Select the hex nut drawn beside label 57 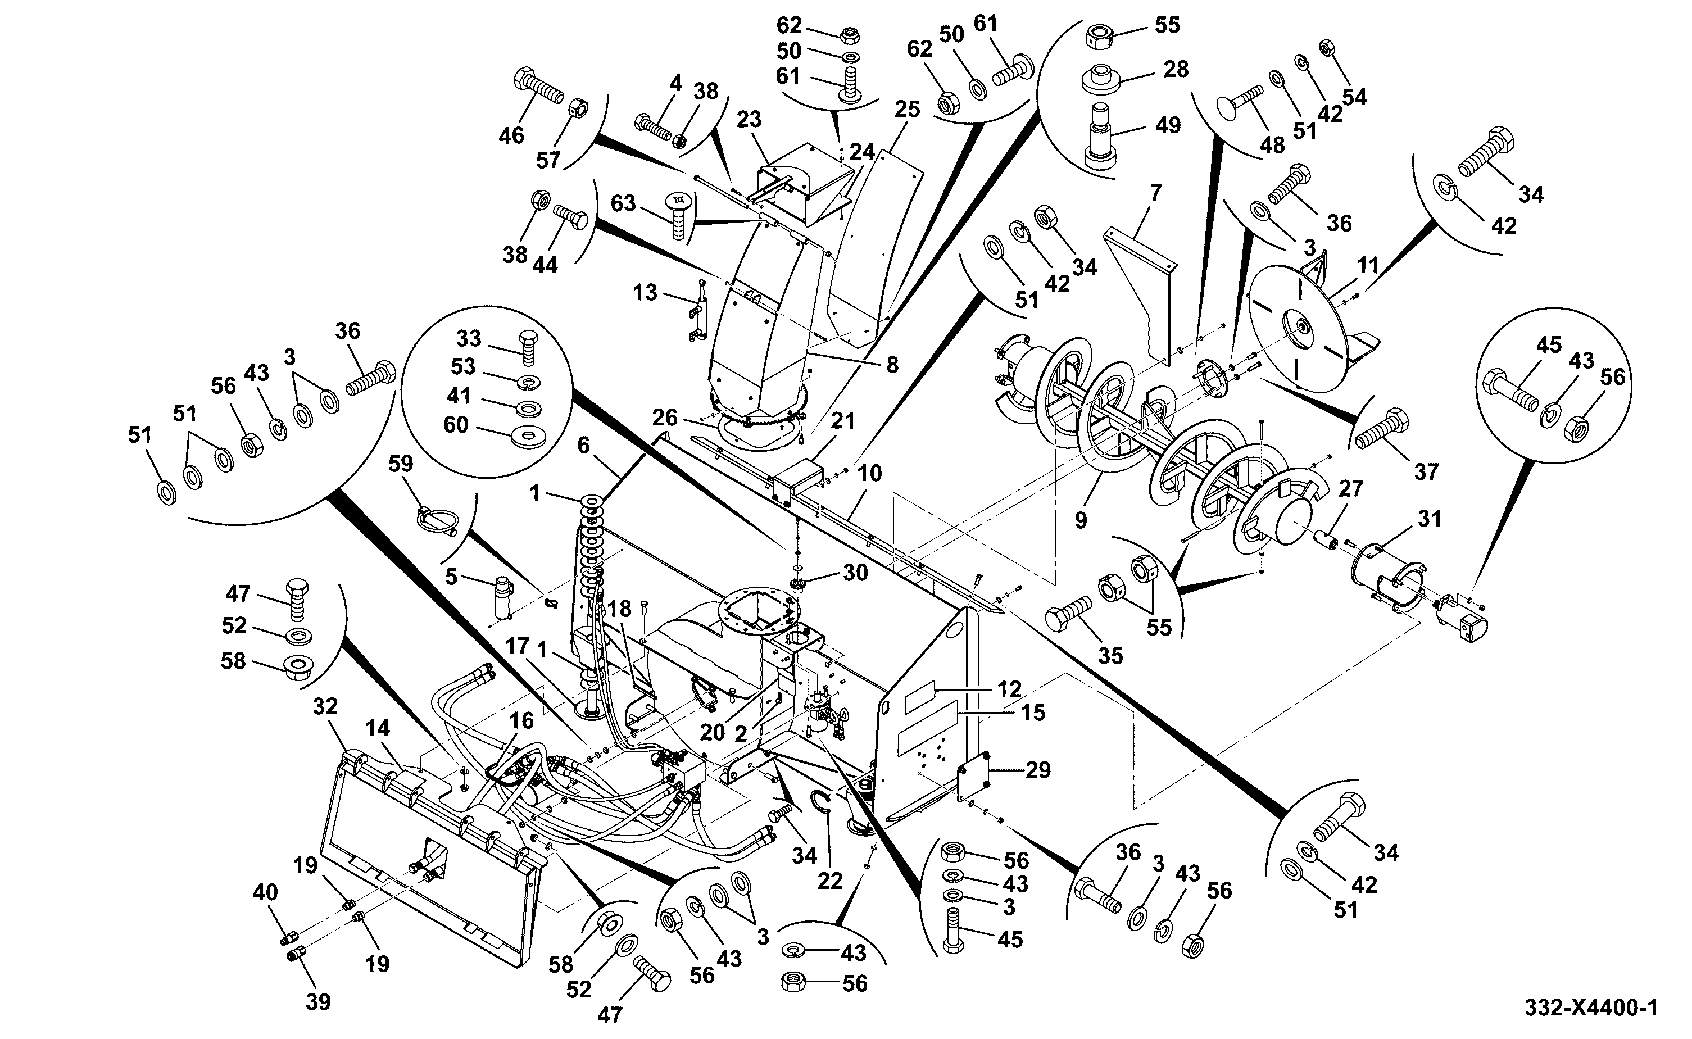(x=578, y=107)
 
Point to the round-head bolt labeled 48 (x=1241, y=102)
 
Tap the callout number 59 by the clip (x=401, y=464)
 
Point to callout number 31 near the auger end (x=1429, y=519)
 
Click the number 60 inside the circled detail (x=456, y=425)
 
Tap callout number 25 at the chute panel (x=907, y=110)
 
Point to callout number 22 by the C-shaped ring (x=830, y=881)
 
